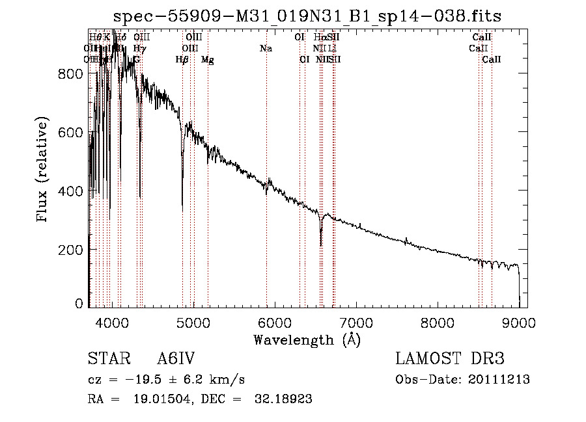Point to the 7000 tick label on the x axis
[356, 322]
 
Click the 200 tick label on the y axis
[73, 250]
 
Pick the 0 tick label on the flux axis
[79, 303]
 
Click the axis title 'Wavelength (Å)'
[307, 339]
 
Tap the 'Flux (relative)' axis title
[43, 171]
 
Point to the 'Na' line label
[266, 48]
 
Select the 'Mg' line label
[207, 60]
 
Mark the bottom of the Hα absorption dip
[321, 245]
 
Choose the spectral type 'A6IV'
[176, 360]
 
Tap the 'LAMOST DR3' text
[450, 360]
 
